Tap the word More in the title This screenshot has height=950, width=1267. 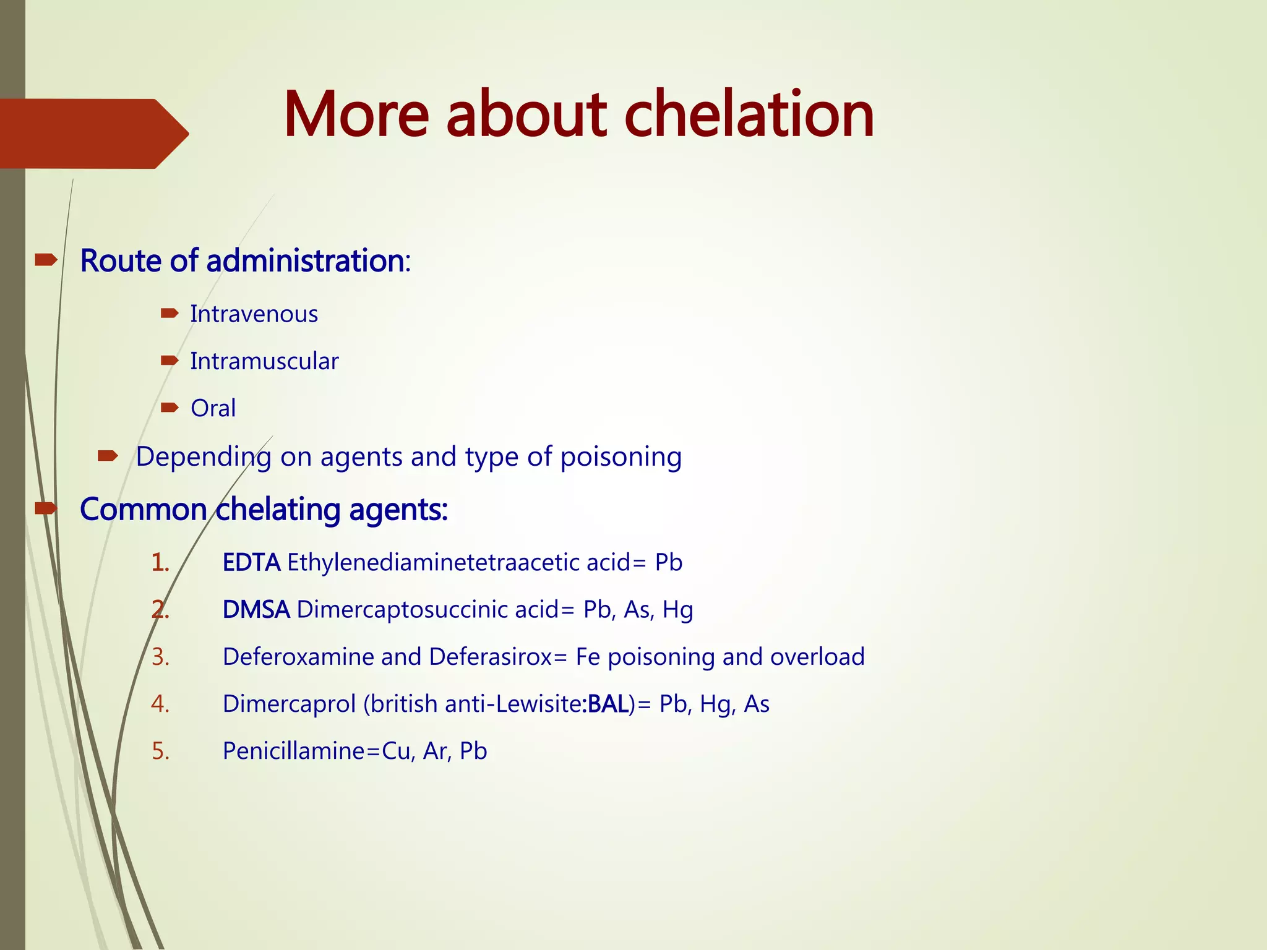[x=356, y=114]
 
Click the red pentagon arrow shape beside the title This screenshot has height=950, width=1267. [x=93, y=134]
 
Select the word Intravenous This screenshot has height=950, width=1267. [x=254, y=314]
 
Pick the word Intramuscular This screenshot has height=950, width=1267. [x=264, y=361]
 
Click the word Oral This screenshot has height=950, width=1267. [x=213, y=408]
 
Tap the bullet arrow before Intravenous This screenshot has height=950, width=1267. [x=169, y=314]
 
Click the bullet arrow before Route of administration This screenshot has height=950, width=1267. [x=46, y=260]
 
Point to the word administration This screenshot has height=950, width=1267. [x=305, y=260]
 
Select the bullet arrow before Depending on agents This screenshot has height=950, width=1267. [x=108, y=456]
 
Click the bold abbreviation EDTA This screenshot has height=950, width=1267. [x=251, y=563]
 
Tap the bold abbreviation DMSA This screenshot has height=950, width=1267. [x=256, y=610]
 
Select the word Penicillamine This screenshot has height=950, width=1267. [x=294, y=751]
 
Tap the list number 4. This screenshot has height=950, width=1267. [x=160, y=704]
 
